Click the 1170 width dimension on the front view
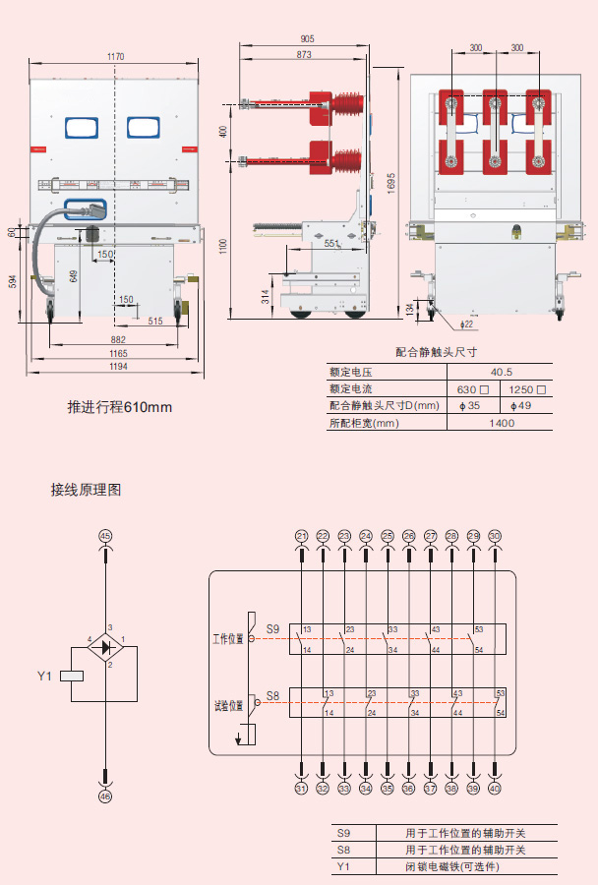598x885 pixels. (x=115, y=57)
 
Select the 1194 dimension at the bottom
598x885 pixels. (x=118, y=366)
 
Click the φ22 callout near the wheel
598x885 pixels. (x=466, y=324)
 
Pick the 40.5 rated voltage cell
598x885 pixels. (x=502, y=372)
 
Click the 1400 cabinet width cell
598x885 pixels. (x=502, y=423)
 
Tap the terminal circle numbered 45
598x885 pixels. (x=105, y=535)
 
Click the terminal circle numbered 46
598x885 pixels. (x=105, y=796)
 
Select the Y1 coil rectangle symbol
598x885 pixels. (x=73, y=676)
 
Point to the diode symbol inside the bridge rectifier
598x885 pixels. (x=106, y=647)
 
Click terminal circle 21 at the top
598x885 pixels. (x=302, y=535)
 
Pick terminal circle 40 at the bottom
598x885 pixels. (x=495, y=788)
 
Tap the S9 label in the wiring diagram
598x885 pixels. (x=272, y=628)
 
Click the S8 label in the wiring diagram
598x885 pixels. (x=272, y=696)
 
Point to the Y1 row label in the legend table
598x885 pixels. (x=343, y=866)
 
